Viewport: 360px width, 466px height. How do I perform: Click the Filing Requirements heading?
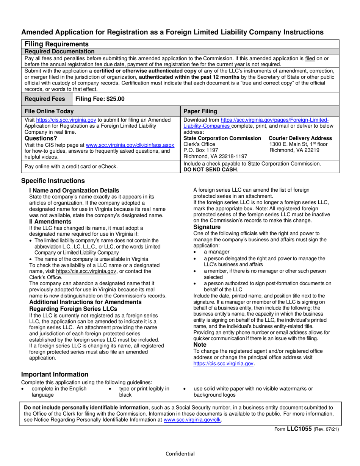click(56, 44)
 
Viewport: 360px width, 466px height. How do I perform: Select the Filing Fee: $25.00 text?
click(100, 99)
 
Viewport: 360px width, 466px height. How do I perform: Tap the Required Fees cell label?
click(47, 99)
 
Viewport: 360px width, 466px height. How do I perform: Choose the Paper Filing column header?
click(200, 111)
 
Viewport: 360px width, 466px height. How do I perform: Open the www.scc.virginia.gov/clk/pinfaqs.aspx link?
click(130, 145)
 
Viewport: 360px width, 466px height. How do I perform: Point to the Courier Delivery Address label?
click(301, 138)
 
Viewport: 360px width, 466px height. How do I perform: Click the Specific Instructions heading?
click(53, 181)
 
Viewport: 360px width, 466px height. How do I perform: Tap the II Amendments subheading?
click(50, 222)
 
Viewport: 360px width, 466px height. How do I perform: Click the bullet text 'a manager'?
click(216, 252)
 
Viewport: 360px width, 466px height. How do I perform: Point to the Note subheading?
click(200, 345)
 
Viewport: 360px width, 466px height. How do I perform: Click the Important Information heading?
click(55, 374)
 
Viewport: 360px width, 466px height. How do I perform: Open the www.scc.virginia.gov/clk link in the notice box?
click(192, 420)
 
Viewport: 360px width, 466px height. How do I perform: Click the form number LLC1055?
click(299, 429)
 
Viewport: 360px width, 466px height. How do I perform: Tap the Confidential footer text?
click(180, 454)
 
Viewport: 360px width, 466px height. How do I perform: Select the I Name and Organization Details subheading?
click(74, 190)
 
